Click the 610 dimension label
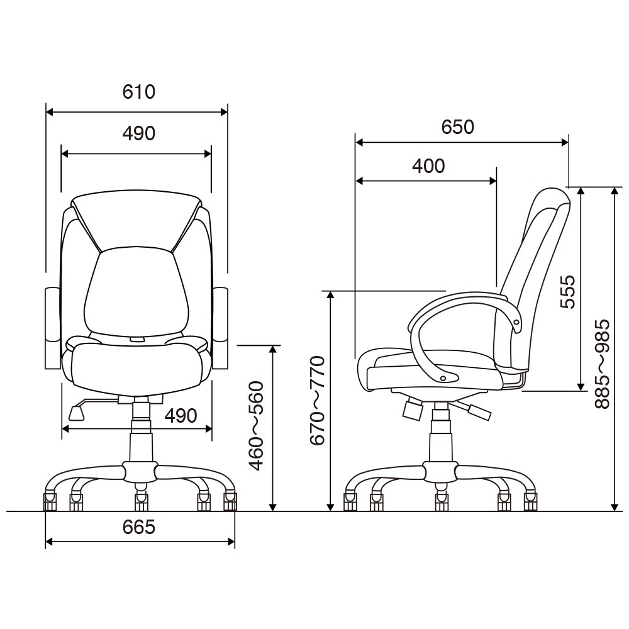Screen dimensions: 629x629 139,92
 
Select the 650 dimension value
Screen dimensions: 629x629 458,127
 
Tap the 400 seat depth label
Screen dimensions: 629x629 428,166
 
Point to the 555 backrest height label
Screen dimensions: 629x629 567,292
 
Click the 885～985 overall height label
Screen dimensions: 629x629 602,364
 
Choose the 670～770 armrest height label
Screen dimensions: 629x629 317,400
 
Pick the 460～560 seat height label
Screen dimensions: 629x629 257,426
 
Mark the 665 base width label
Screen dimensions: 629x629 139,527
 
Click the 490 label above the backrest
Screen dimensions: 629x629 139,133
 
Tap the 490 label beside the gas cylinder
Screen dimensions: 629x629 181,416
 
